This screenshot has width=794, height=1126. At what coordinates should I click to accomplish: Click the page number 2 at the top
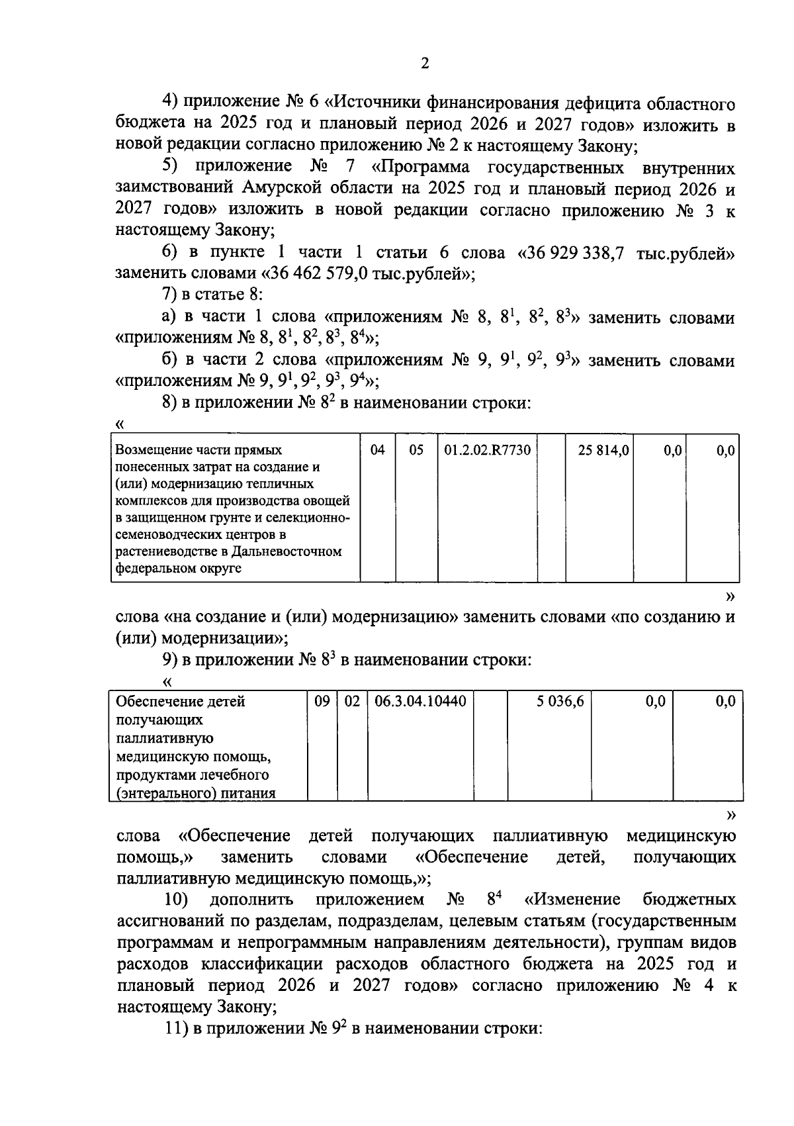(x=424, y=64)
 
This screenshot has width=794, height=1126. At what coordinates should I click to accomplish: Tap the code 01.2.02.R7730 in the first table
(x=487, y=451)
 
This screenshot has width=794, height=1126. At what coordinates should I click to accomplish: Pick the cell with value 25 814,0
(x=602, y=451)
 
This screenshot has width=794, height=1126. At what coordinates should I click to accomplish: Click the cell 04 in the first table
(x=377, y=451)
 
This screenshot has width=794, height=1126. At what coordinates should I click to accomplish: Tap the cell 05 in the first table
(x=416, y=451)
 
